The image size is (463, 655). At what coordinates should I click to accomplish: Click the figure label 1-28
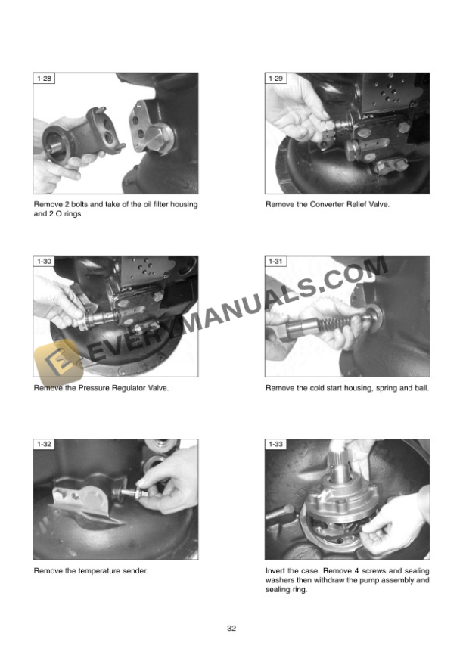click(x=44, y=79)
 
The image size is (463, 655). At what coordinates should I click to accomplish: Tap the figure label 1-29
click(x=276, y=79)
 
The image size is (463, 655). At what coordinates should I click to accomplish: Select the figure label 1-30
click(x=44, y=262)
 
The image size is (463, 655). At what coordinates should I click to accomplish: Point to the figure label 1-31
click(x=276, y=262)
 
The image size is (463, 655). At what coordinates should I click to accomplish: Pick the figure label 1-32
click(x=44, y=444)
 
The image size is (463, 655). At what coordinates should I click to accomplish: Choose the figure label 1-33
click(x=276, y=444)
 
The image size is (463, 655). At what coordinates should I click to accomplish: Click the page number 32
click(x=231, y=629)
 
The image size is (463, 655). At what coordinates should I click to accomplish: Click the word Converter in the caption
click(x=327, y=204)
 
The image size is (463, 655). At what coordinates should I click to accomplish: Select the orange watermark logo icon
click(x=59, y=361)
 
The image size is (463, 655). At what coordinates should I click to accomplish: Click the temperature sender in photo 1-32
click(x=133, y=493)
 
